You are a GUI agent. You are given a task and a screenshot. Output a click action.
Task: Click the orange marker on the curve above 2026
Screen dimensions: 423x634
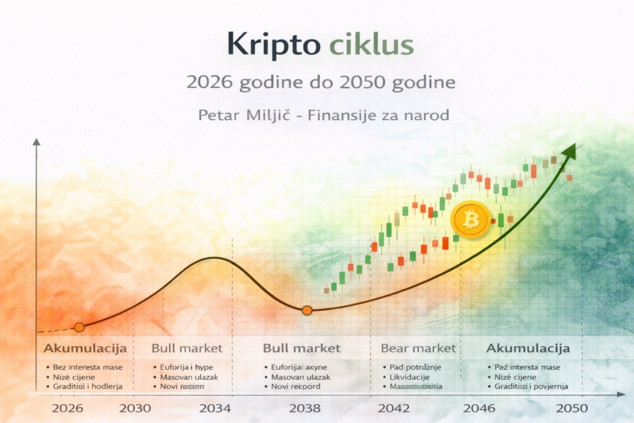[79, 327]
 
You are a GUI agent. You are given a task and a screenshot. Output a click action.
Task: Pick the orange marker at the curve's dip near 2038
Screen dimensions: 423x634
[306, 310]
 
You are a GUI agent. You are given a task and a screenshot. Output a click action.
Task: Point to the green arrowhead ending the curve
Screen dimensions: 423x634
[569, 152]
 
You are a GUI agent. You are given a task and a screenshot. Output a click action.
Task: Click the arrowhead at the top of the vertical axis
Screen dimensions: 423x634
[37, 142]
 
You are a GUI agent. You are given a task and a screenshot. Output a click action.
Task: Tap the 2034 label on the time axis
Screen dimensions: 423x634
[215, 408]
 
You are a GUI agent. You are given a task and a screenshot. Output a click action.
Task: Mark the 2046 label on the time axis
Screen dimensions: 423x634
[479, 408]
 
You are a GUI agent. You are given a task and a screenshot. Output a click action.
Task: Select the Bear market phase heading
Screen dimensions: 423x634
[418, 348]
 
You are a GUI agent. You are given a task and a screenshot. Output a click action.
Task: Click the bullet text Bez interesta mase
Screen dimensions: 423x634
[87, 367]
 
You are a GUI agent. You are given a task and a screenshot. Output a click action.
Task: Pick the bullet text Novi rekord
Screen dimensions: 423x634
[296, 386]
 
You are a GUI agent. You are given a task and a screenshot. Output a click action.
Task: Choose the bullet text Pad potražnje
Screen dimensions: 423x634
[415, 367]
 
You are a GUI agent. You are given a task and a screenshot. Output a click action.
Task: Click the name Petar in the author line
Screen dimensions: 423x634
[216, 115]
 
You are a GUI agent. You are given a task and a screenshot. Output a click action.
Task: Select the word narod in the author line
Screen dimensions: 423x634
[427, 115]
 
